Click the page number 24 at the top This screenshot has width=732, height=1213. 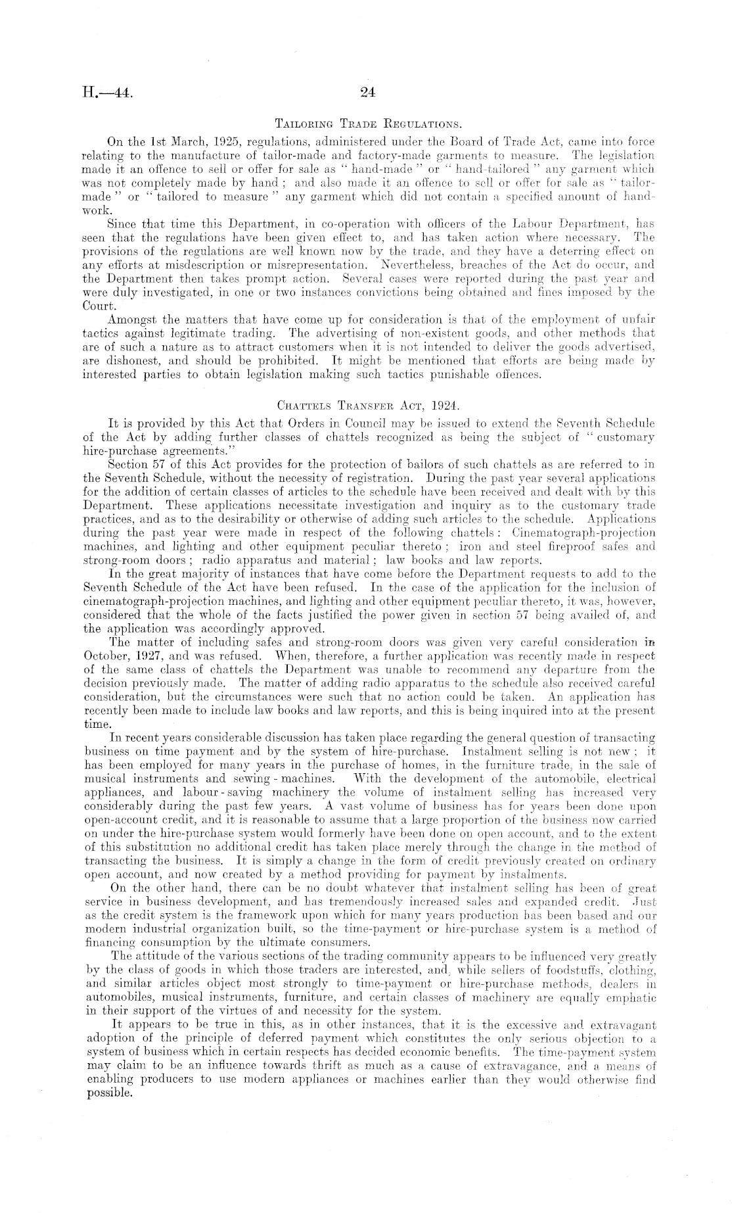pyautogui.click(x=367, y=93)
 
